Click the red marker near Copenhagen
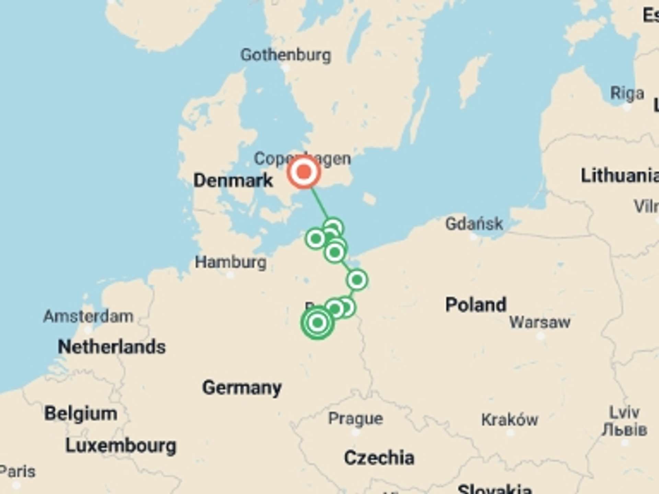point(304,172)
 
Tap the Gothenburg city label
point(286,55)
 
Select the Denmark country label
point(233,180)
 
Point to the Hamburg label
point(231,262)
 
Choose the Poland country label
point(476,305)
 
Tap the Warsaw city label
point(540,322)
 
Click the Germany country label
point(242,388)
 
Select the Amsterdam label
point(88,316)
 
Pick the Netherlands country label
point(112,346)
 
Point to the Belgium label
point(81,413)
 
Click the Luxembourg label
point(121,446)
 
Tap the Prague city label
point(356,419)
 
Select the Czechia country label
point(379,458)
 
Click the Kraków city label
point(510,420)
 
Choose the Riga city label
point(627,93)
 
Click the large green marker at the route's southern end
point(317,322)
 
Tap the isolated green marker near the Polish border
point(357,280)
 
